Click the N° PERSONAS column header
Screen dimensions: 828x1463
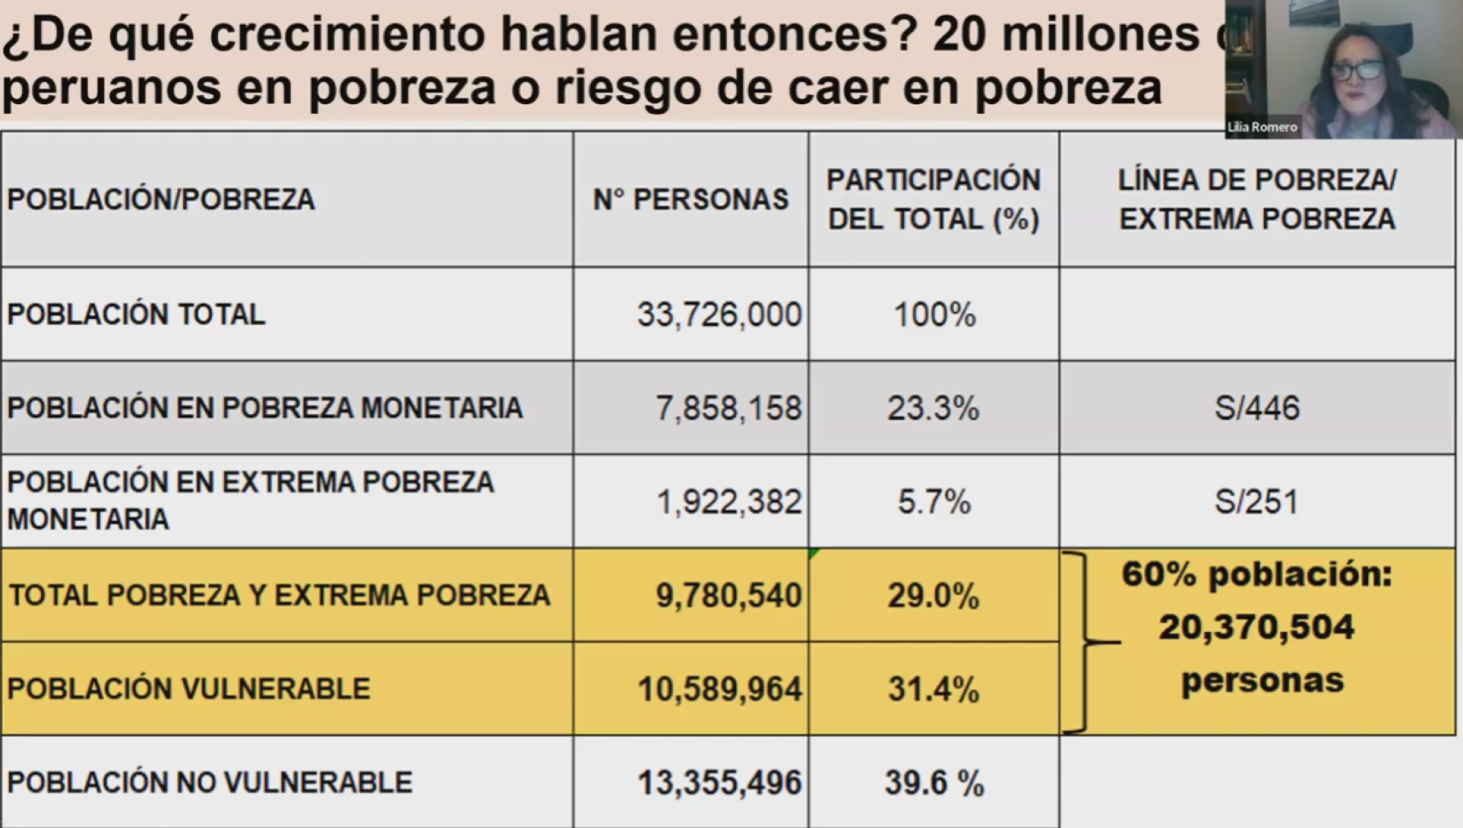(691, 199)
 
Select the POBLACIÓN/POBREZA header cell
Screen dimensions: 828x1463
(161, 199)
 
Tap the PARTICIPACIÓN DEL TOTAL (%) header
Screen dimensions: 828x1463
(934, 199)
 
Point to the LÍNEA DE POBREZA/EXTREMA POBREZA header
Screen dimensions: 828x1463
(1257, 199)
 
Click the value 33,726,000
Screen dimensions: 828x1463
(719, 315)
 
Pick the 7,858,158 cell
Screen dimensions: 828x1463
(729, 408)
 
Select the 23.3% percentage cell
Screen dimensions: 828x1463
(933, 408)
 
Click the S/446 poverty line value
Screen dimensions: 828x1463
(1257, 408)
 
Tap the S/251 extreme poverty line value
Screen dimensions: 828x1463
(1257, 501)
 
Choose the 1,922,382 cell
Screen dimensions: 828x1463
(729, 501)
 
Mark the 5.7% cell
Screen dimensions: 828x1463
(934, 501)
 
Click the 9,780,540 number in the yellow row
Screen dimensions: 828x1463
(729, 595)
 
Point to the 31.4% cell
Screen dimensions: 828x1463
(933, 689)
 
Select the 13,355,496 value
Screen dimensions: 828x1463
(719, 783)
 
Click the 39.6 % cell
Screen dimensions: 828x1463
(934, 783)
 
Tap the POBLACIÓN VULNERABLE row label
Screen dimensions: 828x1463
(188, 689)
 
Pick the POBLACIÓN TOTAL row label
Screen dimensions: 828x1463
(136, 315)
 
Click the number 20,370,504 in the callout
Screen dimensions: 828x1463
(1257, 628)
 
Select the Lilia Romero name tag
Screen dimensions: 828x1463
(1262, 127)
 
